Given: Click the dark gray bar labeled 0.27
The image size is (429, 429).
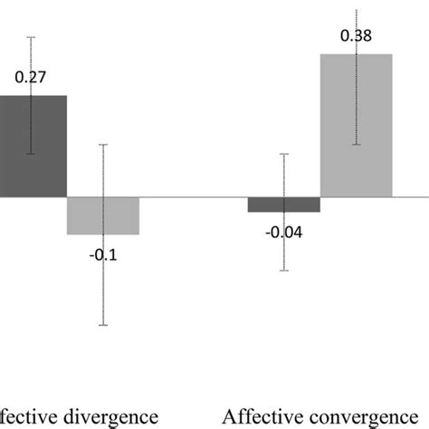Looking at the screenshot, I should coord(32,146).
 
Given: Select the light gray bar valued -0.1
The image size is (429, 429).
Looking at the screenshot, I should coord(103,215).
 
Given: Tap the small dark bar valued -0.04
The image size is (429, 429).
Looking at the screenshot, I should coord(284,205).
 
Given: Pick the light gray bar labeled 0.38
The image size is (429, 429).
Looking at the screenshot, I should coord(357,125).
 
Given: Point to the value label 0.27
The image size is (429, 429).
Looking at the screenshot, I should coord(30,79).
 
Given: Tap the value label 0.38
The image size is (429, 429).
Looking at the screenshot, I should coord(356,37).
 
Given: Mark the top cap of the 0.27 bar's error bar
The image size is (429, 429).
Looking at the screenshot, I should coord(32,37).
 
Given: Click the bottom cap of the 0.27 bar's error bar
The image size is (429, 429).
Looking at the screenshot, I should coord(32,154).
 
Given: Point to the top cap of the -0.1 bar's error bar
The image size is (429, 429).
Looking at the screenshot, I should coord(103,145).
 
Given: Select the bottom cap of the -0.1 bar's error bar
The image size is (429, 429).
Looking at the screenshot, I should coord(103,326).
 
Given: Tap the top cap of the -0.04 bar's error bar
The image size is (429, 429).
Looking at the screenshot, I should coord(284,154).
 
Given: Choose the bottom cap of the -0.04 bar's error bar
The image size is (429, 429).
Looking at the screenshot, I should coord(284,271).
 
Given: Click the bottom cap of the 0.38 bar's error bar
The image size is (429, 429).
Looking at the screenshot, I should coord(357,144).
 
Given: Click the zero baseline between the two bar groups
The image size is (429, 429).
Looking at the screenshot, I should coord(194,196).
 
